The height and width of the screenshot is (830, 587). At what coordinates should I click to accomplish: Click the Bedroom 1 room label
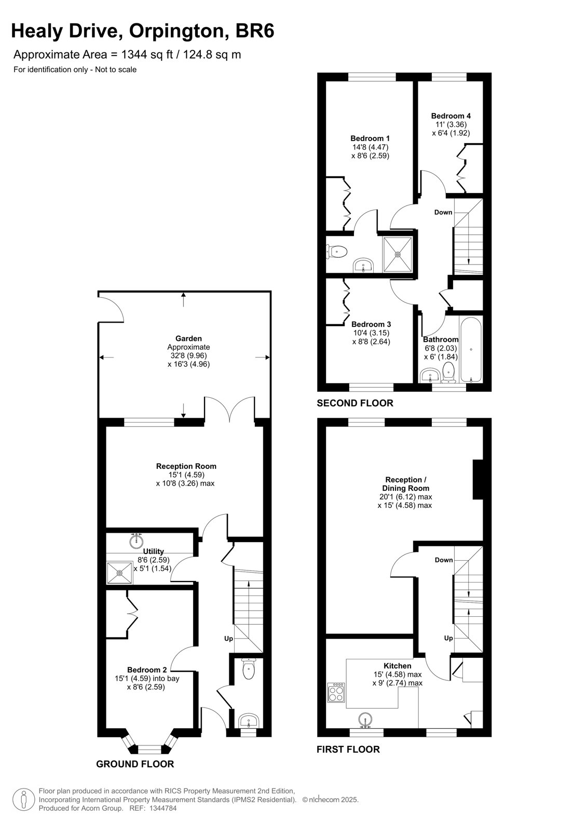370,139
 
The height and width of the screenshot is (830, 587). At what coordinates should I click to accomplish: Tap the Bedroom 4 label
451,116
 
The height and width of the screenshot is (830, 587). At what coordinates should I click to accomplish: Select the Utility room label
153,551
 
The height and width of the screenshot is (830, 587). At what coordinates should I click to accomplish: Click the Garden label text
189,338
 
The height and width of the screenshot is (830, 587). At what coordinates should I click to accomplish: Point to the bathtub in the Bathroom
471,350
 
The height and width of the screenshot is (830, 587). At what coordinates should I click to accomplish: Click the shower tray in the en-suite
398,254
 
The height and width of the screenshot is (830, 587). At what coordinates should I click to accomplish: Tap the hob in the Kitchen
336,692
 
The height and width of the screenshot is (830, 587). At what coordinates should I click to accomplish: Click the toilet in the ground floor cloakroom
248,668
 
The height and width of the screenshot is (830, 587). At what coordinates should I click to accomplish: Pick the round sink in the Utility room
137,541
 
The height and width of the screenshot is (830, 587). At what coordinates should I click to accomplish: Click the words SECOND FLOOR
355,403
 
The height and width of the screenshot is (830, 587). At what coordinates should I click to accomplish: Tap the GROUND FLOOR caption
135,764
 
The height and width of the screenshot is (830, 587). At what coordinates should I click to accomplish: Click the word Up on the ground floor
228,639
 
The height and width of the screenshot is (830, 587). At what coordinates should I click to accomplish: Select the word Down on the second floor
443,212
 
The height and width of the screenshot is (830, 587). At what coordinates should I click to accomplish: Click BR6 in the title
255,31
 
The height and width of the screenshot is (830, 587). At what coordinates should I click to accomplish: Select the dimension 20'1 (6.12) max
405,497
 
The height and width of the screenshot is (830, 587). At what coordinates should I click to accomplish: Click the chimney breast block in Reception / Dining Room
477,479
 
